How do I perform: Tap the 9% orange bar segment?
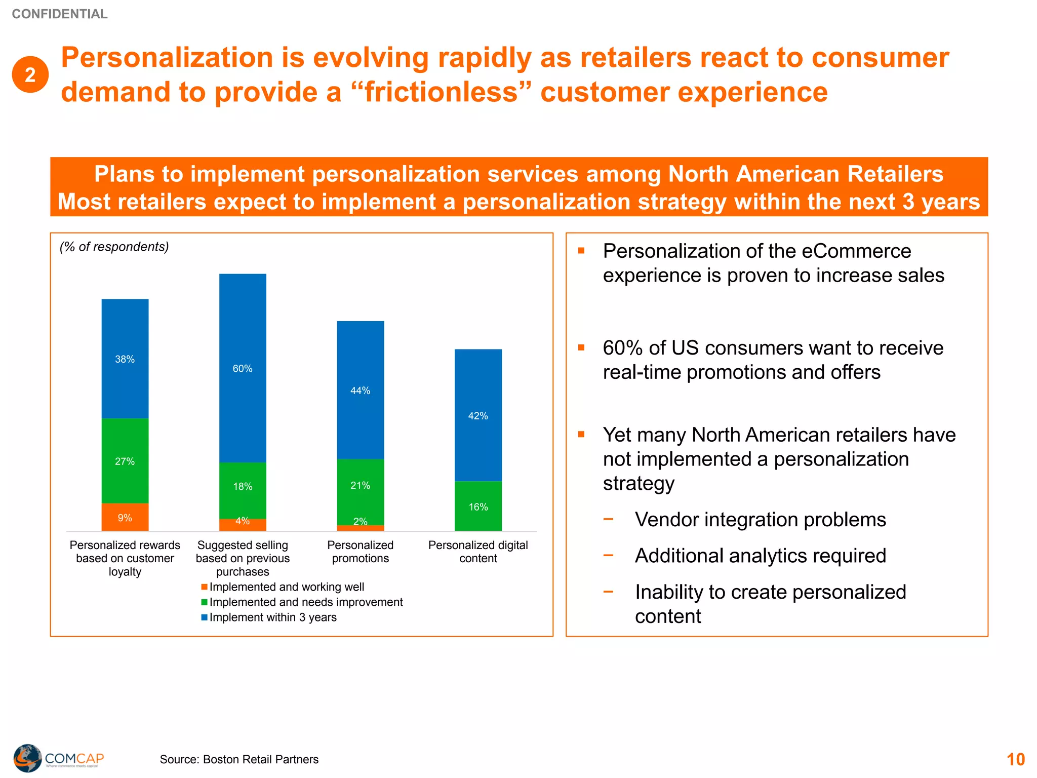tap(125, 517)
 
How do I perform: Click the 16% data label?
tap(478, 507)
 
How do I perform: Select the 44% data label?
tap(361, 391)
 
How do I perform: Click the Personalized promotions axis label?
tap(361, 552)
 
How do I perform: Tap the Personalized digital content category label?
tap(478, 552)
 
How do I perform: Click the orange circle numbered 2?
tap(30, 74)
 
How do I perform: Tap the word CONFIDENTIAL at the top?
tap(60, 14)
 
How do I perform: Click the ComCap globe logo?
tap(28, 758)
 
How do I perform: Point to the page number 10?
tap(1015, 759)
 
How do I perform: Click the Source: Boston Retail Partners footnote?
tap(239, 759)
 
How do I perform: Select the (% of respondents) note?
tap(114, 247)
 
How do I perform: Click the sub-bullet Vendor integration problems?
tap(760, 520)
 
